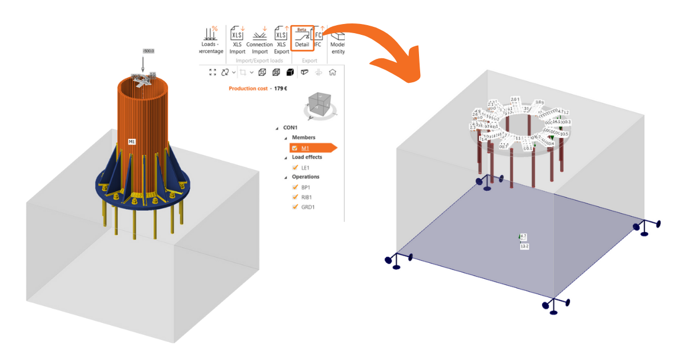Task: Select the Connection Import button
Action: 260,40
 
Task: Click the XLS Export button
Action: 281,40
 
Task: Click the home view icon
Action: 332,73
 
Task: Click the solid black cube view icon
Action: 290,73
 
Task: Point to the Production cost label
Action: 248,89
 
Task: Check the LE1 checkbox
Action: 296,167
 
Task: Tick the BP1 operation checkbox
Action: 296,187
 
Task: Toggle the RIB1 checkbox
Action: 296,197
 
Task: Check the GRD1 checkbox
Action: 296,207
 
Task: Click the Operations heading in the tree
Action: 306,177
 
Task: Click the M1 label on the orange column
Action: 131,141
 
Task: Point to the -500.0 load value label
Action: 149,51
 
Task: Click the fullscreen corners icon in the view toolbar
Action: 213,73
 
